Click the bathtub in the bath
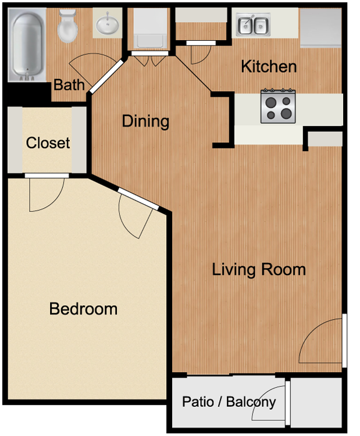point(27,45)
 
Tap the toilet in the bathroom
point(67,26)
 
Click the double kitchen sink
point(253,24)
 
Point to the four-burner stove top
point(278,106)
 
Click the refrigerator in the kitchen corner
point(320,27)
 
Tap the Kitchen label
point(269,66)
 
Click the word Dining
point(145,121)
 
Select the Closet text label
point(48,143)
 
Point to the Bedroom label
point(83,309)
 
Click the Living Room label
point(259,270)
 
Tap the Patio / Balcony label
point(229,402)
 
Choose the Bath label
point(69,85)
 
